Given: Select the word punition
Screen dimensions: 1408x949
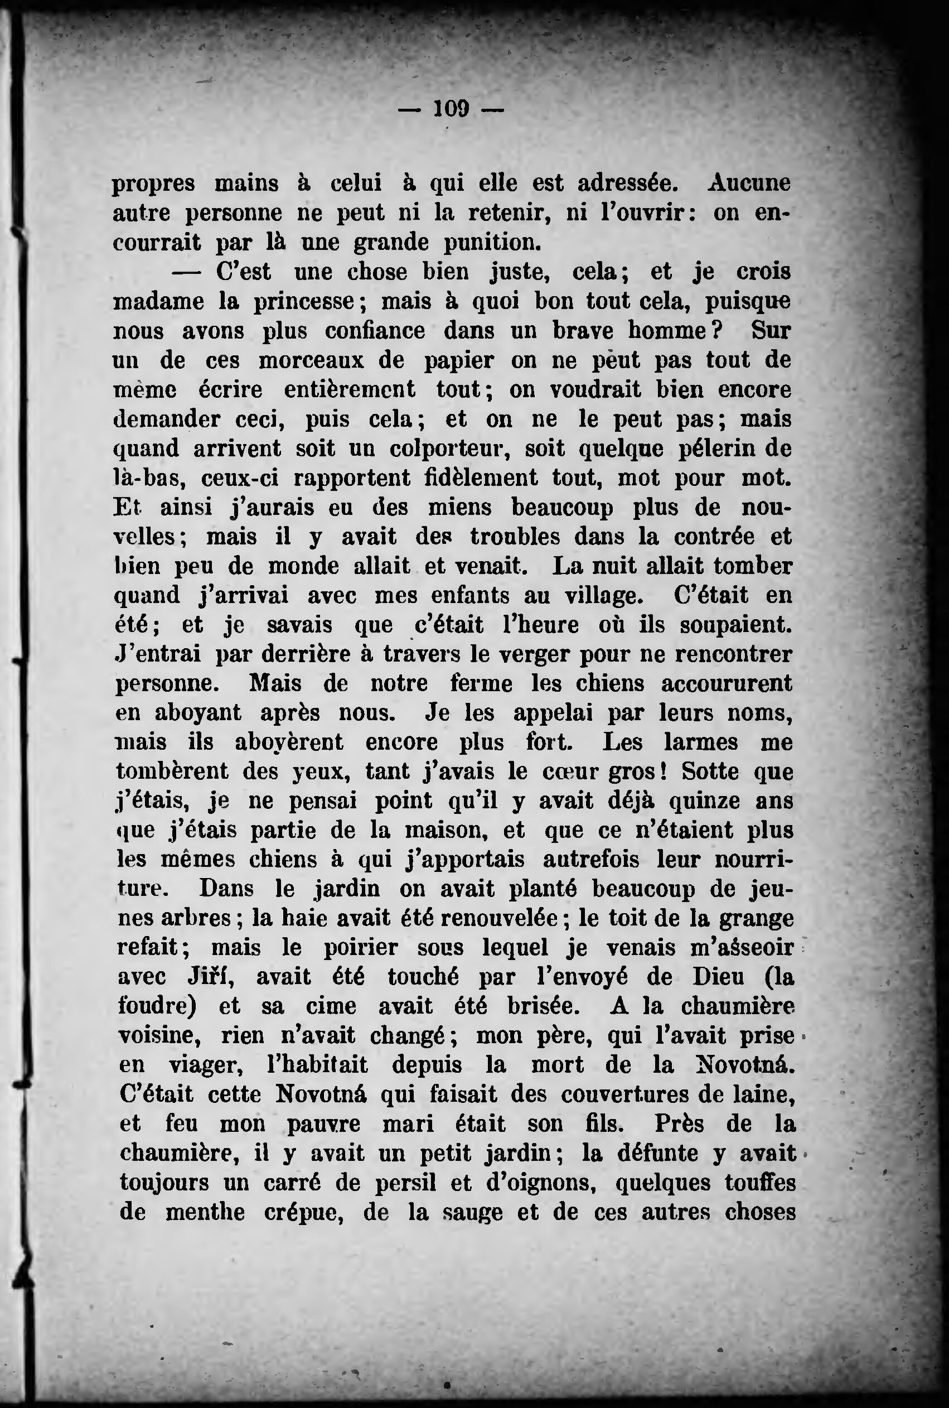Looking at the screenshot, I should tap(491, 243).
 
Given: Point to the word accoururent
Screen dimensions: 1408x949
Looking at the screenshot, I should tap(725, 684).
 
